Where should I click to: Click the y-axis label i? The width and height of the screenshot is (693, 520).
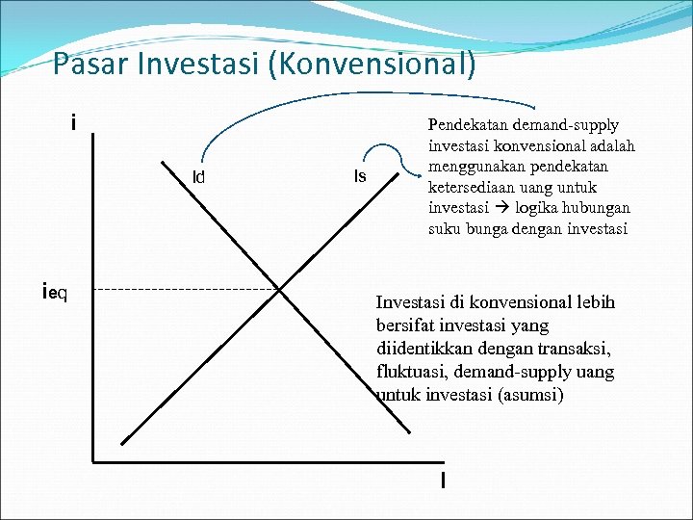pos(73,123)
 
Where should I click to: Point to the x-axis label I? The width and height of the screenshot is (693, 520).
pos(442,480)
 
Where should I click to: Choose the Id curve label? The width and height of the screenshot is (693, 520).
pos(198,177)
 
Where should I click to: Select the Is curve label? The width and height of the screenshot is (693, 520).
pos(360,176)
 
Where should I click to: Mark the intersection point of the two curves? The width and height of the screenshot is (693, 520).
pos(279,289)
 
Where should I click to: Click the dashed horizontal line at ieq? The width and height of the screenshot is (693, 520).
pos(183,289)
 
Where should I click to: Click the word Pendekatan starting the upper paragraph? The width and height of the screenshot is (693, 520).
pos(469,125)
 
